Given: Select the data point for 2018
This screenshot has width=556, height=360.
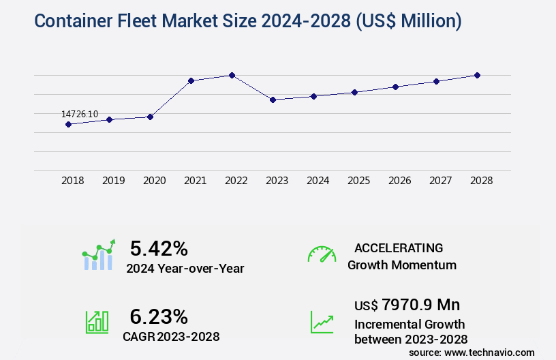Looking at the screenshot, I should coord(68,124).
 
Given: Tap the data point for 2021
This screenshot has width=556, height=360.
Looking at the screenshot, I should coord(191,80).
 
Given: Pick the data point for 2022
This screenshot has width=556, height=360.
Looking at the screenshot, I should coord(232,75).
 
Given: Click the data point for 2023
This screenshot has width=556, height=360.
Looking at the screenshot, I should coord(273,100).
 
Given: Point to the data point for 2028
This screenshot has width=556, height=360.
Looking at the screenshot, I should coord(477,75).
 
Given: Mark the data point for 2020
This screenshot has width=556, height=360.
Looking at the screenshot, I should coord(150,117).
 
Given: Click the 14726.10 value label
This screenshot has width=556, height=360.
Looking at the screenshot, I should coord(80,114).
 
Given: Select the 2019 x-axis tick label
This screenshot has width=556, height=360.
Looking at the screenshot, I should coord(113,181).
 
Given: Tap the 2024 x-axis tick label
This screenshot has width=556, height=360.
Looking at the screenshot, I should coord(318,181).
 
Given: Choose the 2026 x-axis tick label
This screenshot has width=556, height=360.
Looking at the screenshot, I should coord(399,181).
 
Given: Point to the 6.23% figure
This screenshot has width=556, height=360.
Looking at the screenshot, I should coord(159,316).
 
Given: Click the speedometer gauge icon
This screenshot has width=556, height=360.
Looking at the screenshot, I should coord(322,254).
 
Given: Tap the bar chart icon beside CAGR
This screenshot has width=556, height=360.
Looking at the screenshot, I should coord(97,322).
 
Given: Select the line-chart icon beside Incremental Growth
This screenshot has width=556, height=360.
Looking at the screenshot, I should coord(322,322).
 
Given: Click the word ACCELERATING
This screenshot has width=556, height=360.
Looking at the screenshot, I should coord(399,247).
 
